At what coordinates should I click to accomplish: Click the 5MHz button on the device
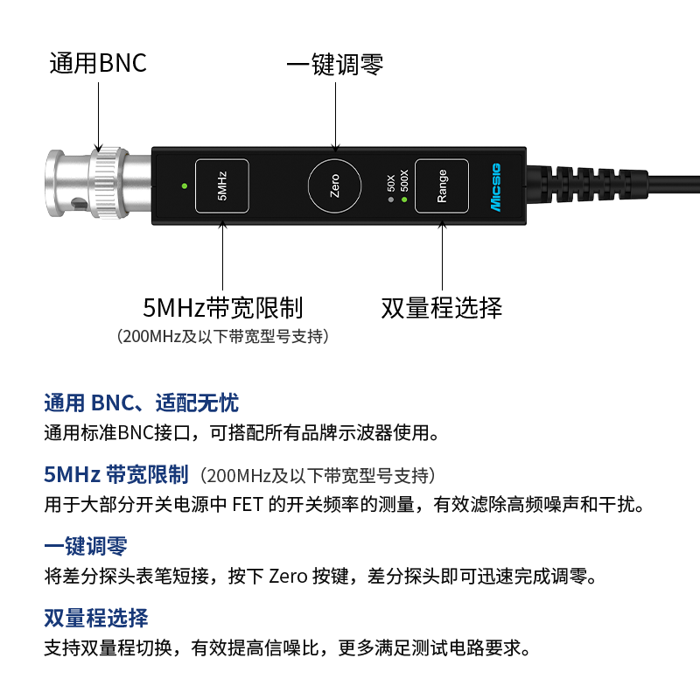pyautogui.click(x=221, y=186)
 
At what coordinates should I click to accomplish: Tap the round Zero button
pyautogui.click(x=334, y=186)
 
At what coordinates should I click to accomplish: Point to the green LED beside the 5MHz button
pyautogui.click(x=183, y=186)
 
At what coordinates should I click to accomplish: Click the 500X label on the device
pyautogui.click(x=403, y=180)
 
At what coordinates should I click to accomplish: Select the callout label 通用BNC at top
pyautogui.click(x=98, y=64)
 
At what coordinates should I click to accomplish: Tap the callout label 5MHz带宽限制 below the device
pyautogui.click(x=222, y=307)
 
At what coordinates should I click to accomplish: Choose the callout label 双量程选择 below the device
pyautogui.click(x=442, y=307)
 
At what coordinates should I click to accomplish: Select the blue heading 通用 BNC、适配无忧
pyautogui.click(x=141, y=402)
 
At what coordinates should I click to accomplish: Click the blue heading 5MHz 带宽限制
pyautogui.click(x=116, y=475)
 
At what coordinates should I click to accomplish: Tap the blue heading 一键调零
pyautogui.click(x=86, y=546)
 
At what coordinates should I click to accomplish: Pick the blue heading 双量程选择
pyautogui.click(x=96, y=618)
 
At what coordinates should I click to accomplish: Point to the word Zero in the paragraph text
pyautogui.click(x=287, y=577)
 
